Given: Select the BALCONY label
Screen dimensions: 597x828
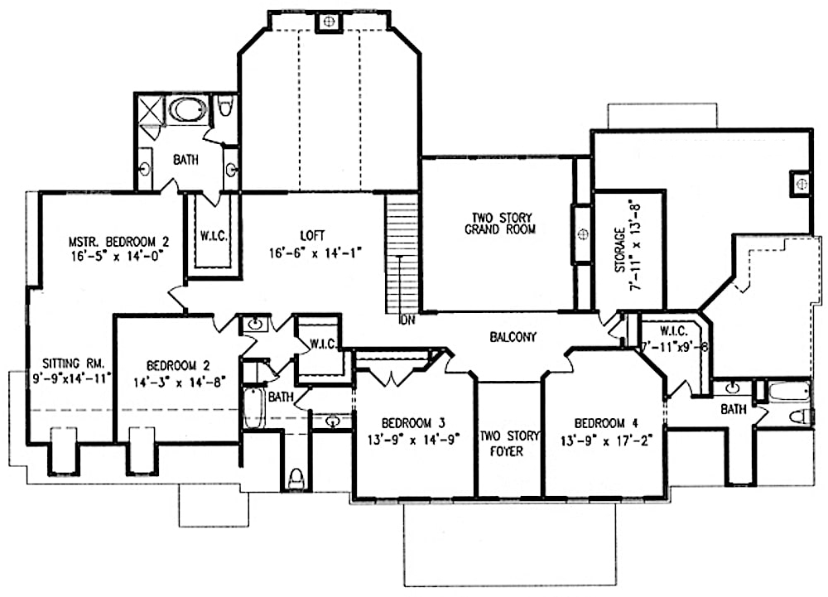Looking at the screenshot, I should (x=513, y=337).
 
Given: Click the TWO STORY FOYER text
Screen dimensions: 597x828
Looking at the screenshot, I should (x=509, y=443).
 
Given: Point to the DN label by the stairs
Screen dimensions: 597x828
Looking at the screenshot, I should (x=407, y=320).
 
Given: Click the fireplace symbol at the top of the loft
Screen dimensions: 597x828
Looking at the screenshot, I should (x=328, y=21).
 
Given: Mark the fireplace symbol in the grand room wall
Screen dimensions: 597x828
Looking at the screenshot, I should (x=582, y=234).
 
